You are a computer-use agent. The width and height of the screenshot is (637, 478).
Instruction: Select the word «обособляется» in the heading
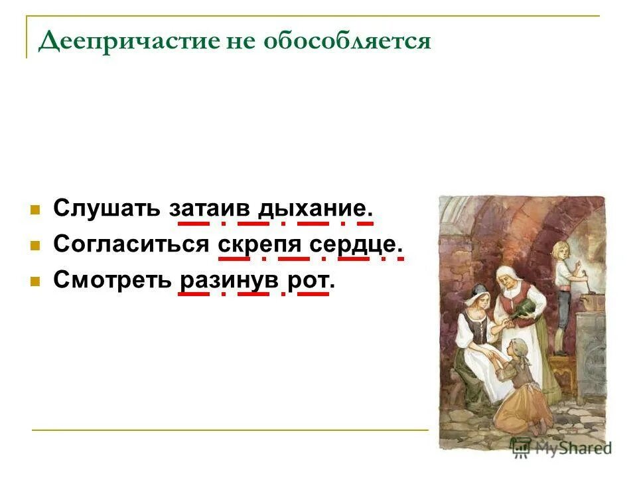click(x=348, y=41)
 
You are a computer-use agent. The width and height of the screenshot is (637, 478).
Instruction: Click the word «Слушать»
click(x=107, y=208)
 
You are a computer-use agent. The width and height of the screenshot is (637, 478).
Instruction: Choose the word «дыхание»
click(x=313, y=208)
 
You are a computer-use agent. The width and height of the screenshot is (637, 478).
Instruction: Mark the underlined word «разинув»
click(x=224, y=279)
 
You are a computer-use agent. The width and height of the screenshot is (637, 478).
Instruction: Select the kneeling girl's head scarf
click(x=515, y=347)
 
